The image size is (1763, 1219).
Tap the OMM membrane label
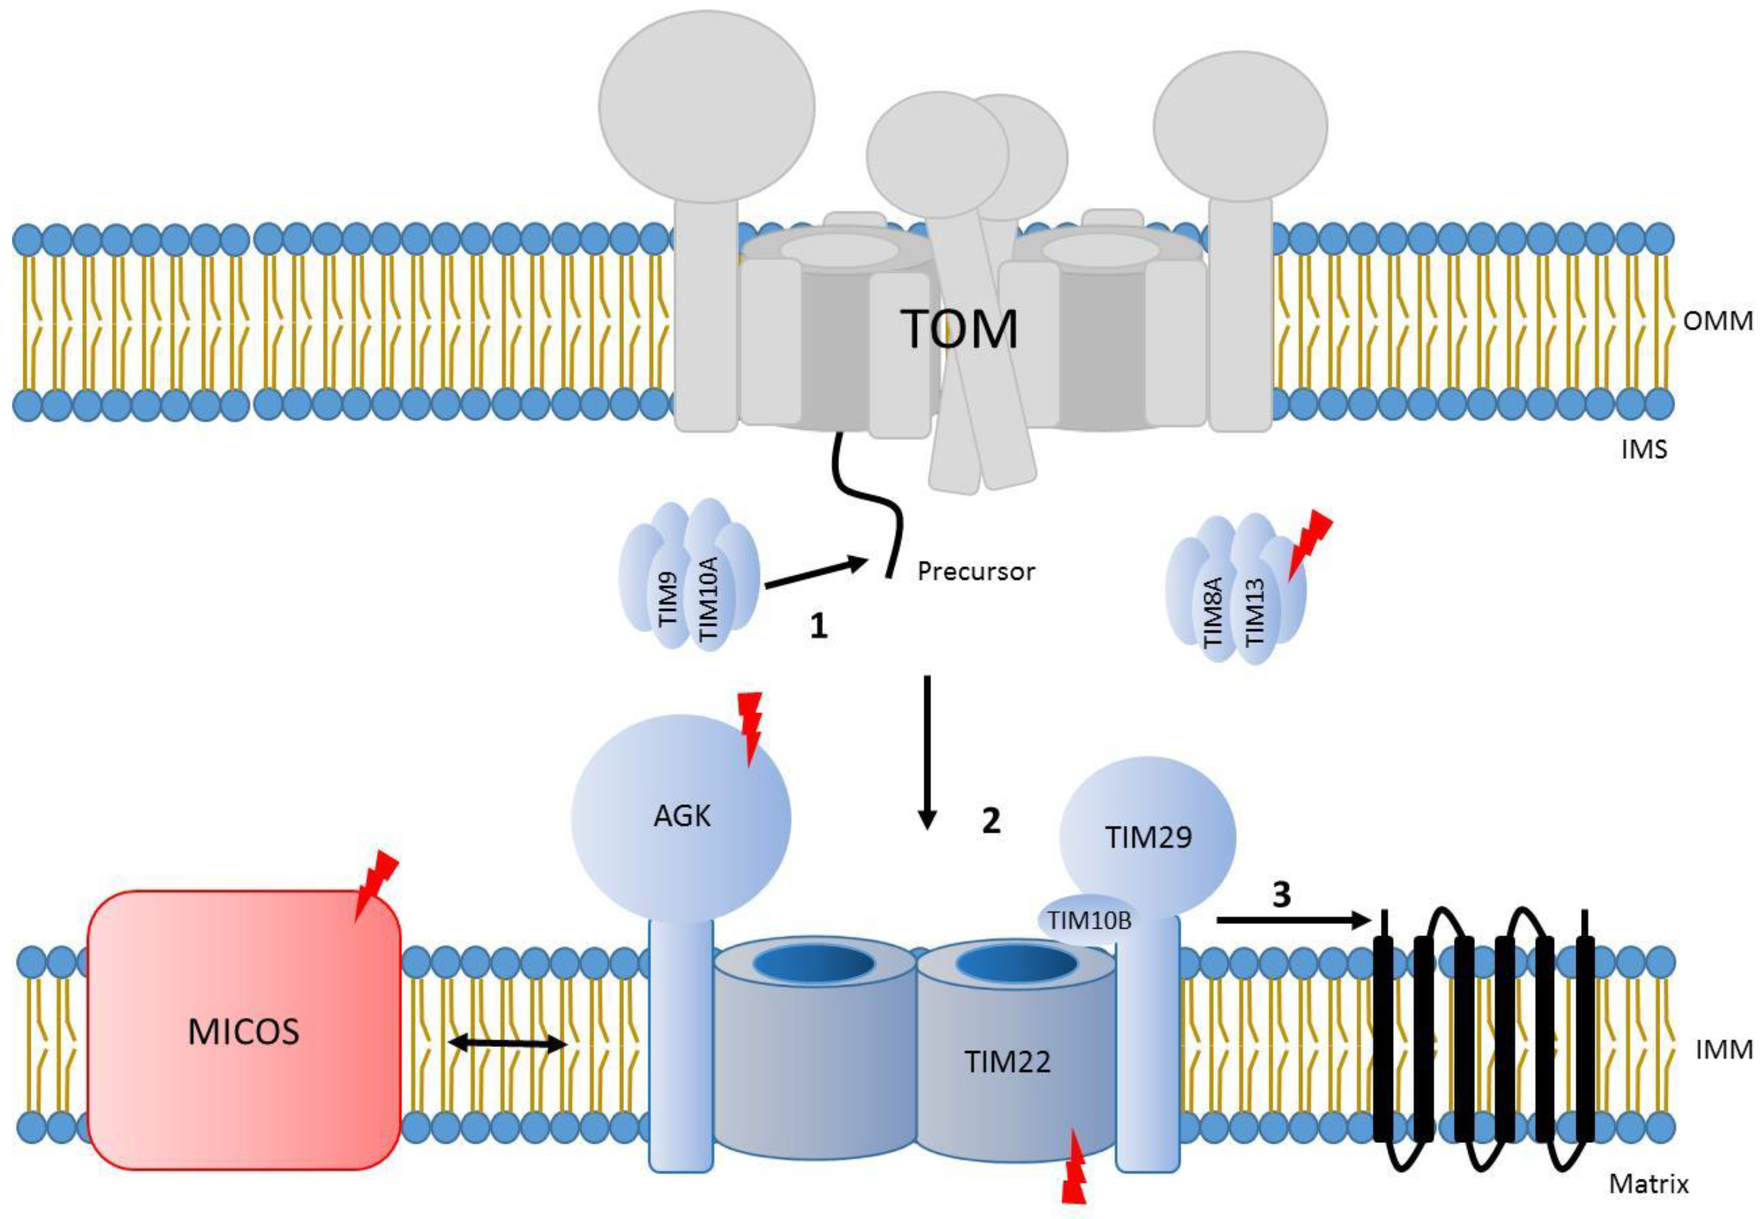pos(1717,321)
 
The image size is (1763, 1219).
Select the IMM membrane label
pos(1723,1050)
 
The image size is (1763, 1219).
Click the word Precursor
pos(976,571)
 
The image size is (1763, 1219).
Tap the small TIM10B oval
pos(1088,920)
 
